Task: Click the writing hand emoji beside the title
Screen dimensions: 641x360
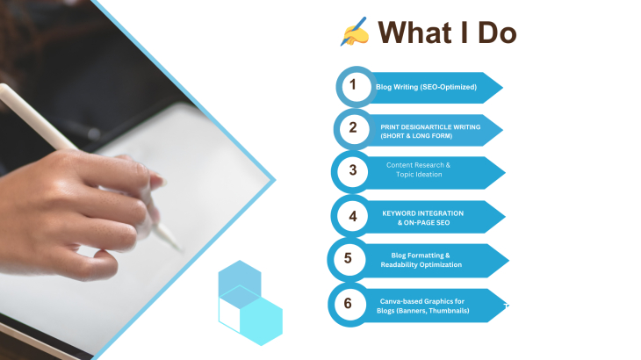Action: (x=355, y=32)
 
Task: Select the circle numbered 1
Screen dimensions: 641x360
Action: (x=357, y=87)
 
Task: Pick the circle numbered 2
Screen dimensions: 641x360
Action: (x=354, y=129)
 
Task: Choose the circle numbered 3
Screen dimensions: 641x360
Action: (x=352, y=171)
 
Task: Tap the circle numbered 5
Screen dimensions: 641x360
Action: (x=349, y=260)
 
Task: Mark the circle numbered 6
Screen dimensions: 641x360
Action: (x=349, y=305)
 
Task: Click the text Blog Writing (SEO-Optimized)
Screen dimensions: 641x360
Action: (x=426, y=87)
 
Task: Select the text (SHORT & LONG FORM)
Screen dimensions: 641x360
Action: (x=416, y=136)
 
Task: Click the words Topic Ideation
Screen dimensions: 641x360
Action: (x=419, y=175)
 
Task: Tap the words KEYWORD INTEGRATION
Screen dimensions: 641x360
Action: (x=422, y=213)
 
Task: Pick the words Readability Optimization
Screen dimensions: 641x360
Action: (x=421, y=265)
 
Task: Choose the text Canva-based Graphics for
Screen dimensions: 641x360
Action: (x=421, y=301)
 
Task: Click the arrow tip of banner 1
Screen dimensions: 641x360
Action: (x=503, y=88)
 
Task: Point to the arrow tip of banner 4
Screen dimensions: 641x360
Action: (x=505, y=217)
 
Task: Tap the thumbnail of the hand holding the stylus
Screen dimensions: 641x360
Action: (x=135, y=180)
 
